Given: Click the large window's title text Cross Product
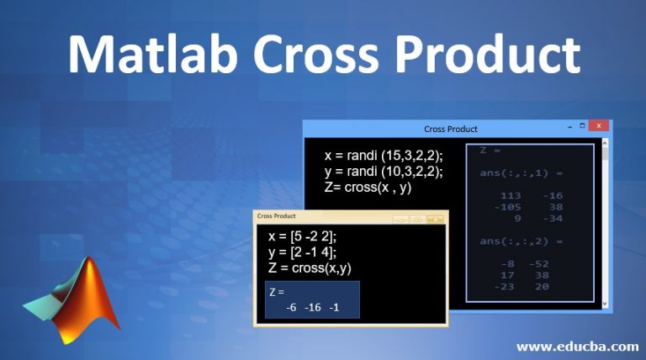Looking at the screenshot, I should pyautogui.click(x=451, y=129).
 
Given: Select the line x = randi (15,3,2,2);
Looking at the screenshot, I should pyautogui.click(x=384, y=156).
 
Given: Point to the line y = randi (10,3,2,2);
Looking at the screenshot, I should pyautogui.click(x=384, y=172).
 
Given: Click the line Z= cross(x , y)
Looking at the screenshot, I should pyautogui.click(x=368, y=188).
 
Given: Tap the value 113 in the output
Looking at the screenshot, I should pyautogui.click(x=511, y=195).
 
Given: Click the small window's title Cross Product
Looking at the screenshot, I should pyautogui.click(x=277, y=216).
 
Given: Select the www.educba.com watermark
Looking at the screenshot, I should pyautogui.click(x=576, y=346).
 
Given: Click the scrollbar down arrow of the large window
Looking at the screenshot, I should pyautogui.click(x=605, y=304).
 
